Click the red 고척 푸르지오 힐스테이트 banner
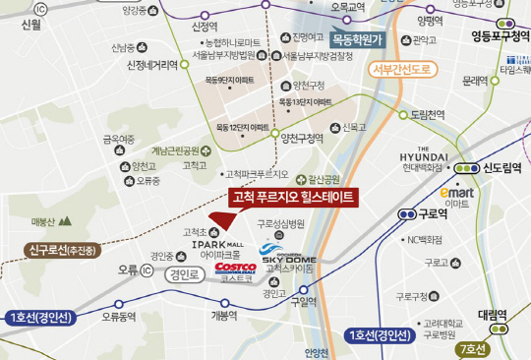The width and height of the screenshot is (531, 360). click(x=291, y=197)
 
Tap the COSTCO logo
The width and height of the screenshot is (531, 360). click(x=236, y=267)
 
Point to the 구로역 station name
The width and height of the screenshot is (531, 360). click(x=432, y=213)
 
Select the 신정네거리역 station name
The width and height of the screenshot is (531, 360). click(x=152, y=65)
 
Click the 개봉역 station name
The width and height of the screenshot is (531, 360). click(x=224, y=316)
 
